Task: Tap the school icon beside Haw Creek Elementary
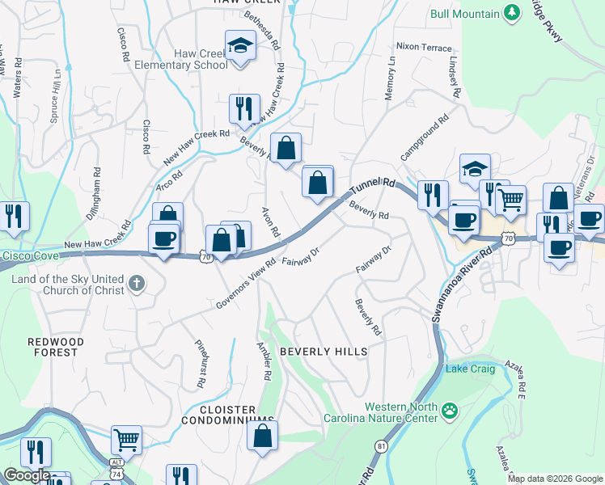[240, 46]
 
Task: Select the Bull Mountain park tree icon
[511, 13]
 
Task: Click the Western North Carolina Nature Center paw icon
[450, 413]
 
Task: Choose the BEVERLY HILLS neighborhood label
[324, 352]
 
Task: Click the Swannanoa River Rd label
[460, 287]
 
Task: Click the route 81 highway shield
[382, 445]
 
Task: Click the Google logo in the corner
[27, 475]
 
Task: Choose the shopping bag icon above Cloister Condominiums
[263, 437]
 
